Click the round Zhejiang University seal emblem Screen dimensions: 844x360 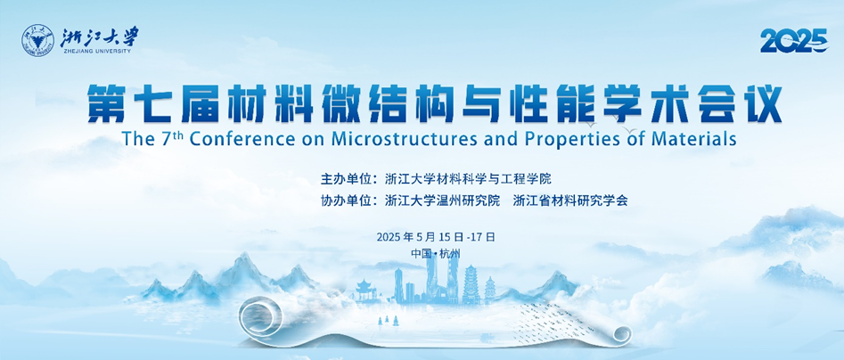37,40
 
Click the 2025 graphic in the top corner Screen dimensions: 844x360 794,41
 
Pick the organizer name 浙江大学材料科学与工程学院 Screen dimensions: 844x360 468,178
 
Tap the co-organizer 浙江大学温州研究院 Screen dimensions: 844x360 443,200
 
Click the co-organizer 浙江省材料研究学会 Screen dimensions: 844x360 570,200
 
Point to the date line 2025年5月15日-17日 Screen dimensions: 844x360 436,237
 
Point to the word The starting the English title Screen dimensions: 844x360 138,138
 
